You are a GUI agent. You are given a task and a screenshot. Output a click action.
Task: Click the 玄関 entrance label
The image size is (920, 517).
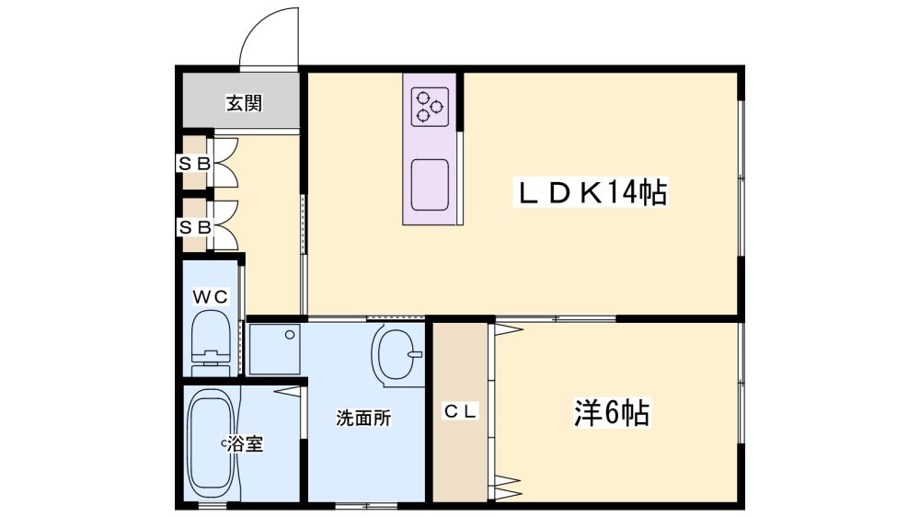244,104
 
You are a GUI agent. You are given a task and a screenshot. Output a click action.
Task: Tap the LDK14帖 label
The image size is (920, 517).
591,192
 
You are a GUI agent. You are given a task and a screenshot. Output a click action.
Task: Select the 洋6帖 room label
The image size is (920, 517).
612,413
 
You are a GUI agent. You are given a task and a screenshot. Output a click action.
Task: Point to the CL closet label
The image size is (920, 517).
461,411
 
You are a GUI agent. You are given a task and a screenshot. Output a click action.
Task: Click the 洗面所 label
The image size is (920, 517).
363,418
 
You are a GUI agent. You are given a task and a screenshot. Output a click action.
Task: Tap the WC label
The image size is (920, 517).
211,297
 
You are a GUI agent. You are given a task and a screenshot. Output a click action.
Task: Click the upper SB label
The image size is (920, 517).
194,165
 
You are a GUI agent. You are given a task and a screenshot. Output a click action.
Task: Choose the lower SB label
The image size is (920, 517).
194,227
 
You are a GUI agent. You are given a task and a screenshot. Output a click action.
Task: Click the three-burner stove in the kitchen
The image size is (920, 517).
430,108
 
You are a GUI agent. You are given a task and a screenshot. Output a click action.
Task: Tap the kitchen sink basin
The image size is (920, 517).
430,185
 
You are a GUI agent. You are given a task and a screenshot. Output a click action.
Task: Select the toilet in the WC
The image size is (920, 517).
211,342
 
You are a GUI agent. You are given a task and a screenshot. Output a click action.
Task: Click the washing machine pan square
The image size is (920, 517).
274,350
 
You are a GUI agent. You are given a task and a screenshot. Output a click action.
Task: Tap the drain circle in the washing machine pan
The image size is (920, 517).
289,335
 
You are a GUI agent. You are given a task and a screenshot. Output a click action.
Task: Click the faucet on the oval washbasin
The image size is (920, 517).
415,354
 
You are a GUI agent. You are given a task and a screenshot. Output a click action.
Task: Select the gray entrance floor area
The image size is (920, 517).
241,99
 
